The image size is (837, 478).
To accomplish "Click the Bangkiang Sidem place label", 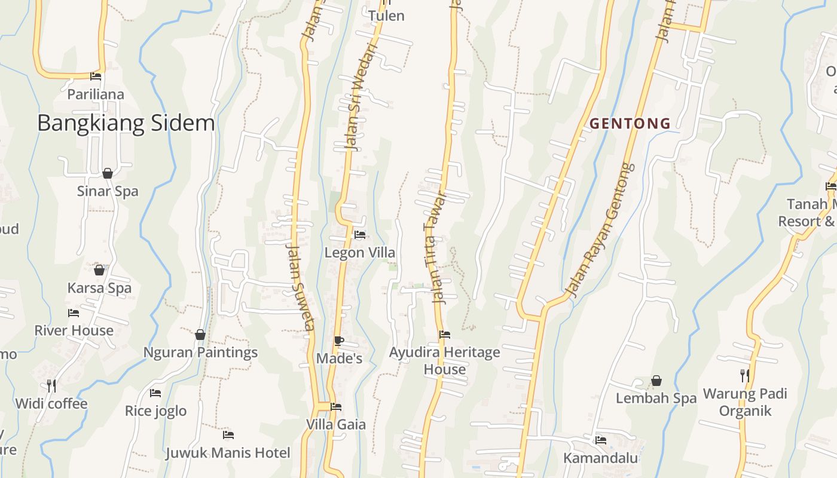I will click(x=126, y=123).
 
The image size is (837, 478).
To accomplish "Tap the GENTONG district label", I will click(x=630, y=124).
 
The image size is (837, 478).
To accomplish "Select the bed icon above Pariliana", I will click(x=96, y=76).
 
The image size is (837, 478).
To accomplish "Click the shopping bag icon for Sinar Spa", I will click(x=108, y=173).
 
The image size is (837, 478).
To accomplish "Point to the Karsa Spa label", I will click(x=99, y=288).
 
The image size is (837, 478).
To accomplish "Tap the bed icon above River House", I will click(x=74, y=312).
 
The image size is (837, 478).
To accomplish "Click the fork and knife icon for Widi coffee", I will click(x=51, y=386).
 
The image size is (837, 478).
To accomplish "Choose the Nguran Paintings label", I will click(x=200, y=352).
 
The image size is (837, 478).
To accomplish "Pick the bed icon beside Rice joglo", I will click(x=155, y=393).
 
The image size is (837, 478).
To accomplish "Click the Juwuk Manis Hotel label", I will click(x=228, y=453).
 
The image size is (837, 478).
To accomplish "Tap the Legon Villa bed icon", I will click(x=360, y=235).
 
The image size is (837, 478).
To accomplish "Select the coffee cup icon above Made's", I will click(x=338, y=341).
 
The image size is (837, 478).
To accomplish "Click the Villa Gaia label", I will click(x=336, y=424).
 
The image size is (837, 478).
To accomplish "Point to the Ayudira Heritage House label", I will click(x=445, y=360).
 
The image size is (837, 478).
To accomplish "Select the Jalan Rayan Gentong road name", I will click(x=600, y=230).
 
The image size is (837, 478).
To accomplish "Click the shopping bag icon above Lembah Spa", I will click(x=656, y=381).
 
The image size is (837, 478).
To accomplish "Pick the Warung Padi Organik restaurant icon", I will click(x=745, y=376).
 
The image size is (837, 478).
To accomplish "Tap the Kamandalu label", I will click(x=601, y=458).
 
